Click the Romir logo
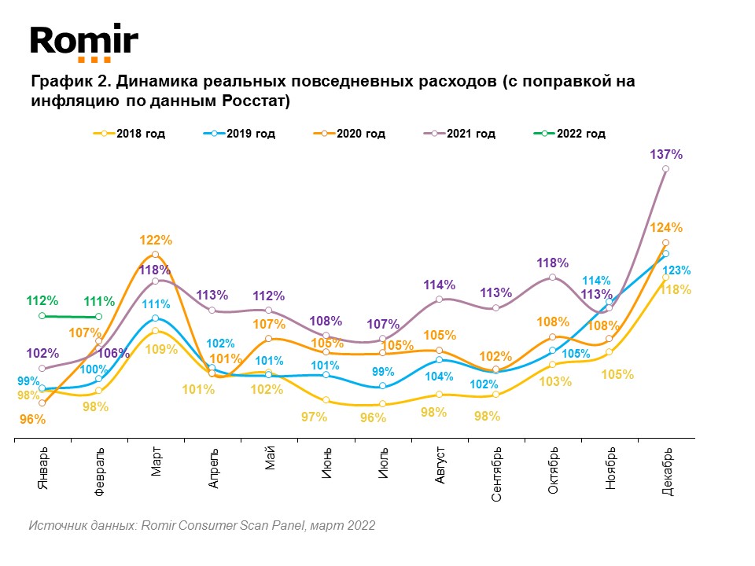84,42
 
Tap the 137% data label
667,155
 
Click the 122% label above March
156,240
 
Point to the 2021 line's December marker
666,169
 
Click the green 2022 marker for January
42,316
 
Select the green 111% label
99,301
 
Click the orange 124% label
666,228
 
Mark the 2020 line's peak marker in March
156,255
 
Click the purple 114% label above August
440,285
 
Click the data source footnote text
202,525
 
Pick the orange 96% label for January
33,420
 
